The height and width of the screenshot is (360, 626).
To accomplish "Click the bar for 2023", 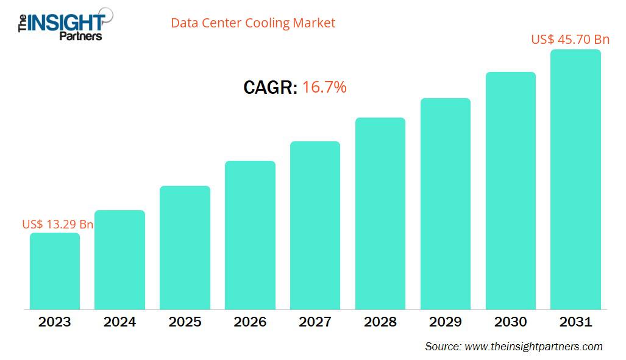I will coord(55,271).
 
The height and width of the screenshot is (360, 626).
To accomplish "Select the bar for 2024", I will coord(120,260).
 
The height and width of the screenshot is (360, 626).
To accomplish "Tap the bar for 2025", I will coord(185,248).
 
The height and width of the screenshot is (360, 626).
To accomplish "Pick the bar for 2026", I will coord(250,235).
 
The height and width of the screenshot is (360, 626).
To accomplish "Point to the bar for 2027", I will coord(315,225).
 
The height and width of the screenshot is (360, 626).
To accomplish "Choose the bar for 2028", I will coord(380,214).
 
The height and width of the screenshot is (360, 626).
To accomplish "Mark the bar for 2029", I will coord(446,204).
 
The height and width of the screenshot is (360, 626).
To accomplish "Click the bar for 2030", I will coord(510,191).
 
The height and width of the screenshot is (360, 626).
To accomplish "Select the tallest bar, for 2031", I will coord(575,180).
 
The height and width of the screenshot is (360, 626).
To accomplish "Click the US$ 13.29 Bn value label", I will coord(57,224).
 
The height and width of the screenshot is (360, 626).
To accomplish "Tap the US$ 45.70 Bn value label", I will coord(570,40).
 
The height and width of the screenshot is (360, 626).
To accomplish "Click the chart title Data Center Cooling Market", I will coord(253,23).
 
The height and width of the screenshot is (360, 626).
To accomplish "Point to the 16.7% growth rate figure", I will coord(324,88).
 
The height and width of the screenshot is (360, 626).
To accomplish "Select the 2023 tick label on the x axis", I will coord(55,322).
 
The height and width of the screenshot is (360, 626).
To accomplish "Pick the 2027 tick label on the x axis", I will coord(315,322).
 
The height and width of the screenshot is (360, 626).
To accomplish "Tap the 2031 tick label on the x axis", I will coord(575,322).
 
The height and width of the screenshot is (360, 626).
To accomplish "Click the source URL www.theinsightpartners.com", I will coord(533,347).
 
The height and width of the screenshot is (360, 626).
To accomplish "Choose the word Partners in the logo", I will coord(80,36).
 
